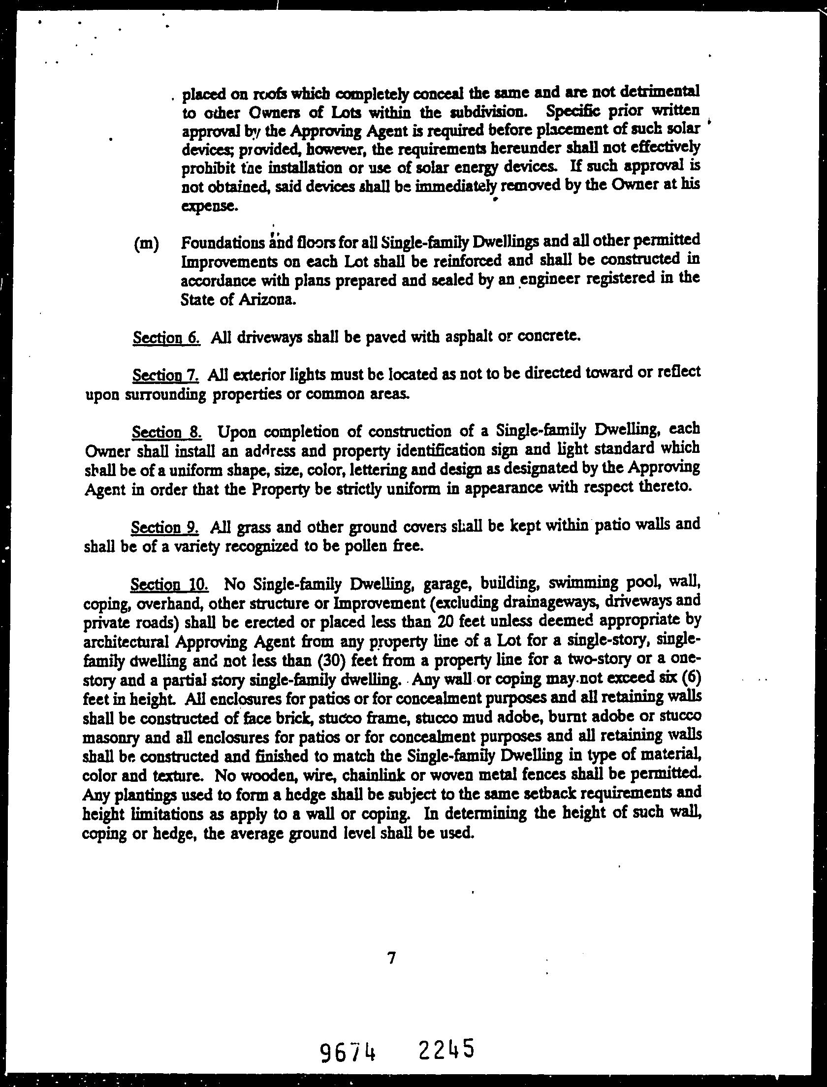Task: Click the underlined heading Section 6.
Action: coord(166,339)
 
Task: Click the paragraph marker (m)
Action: coord(146,245)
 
